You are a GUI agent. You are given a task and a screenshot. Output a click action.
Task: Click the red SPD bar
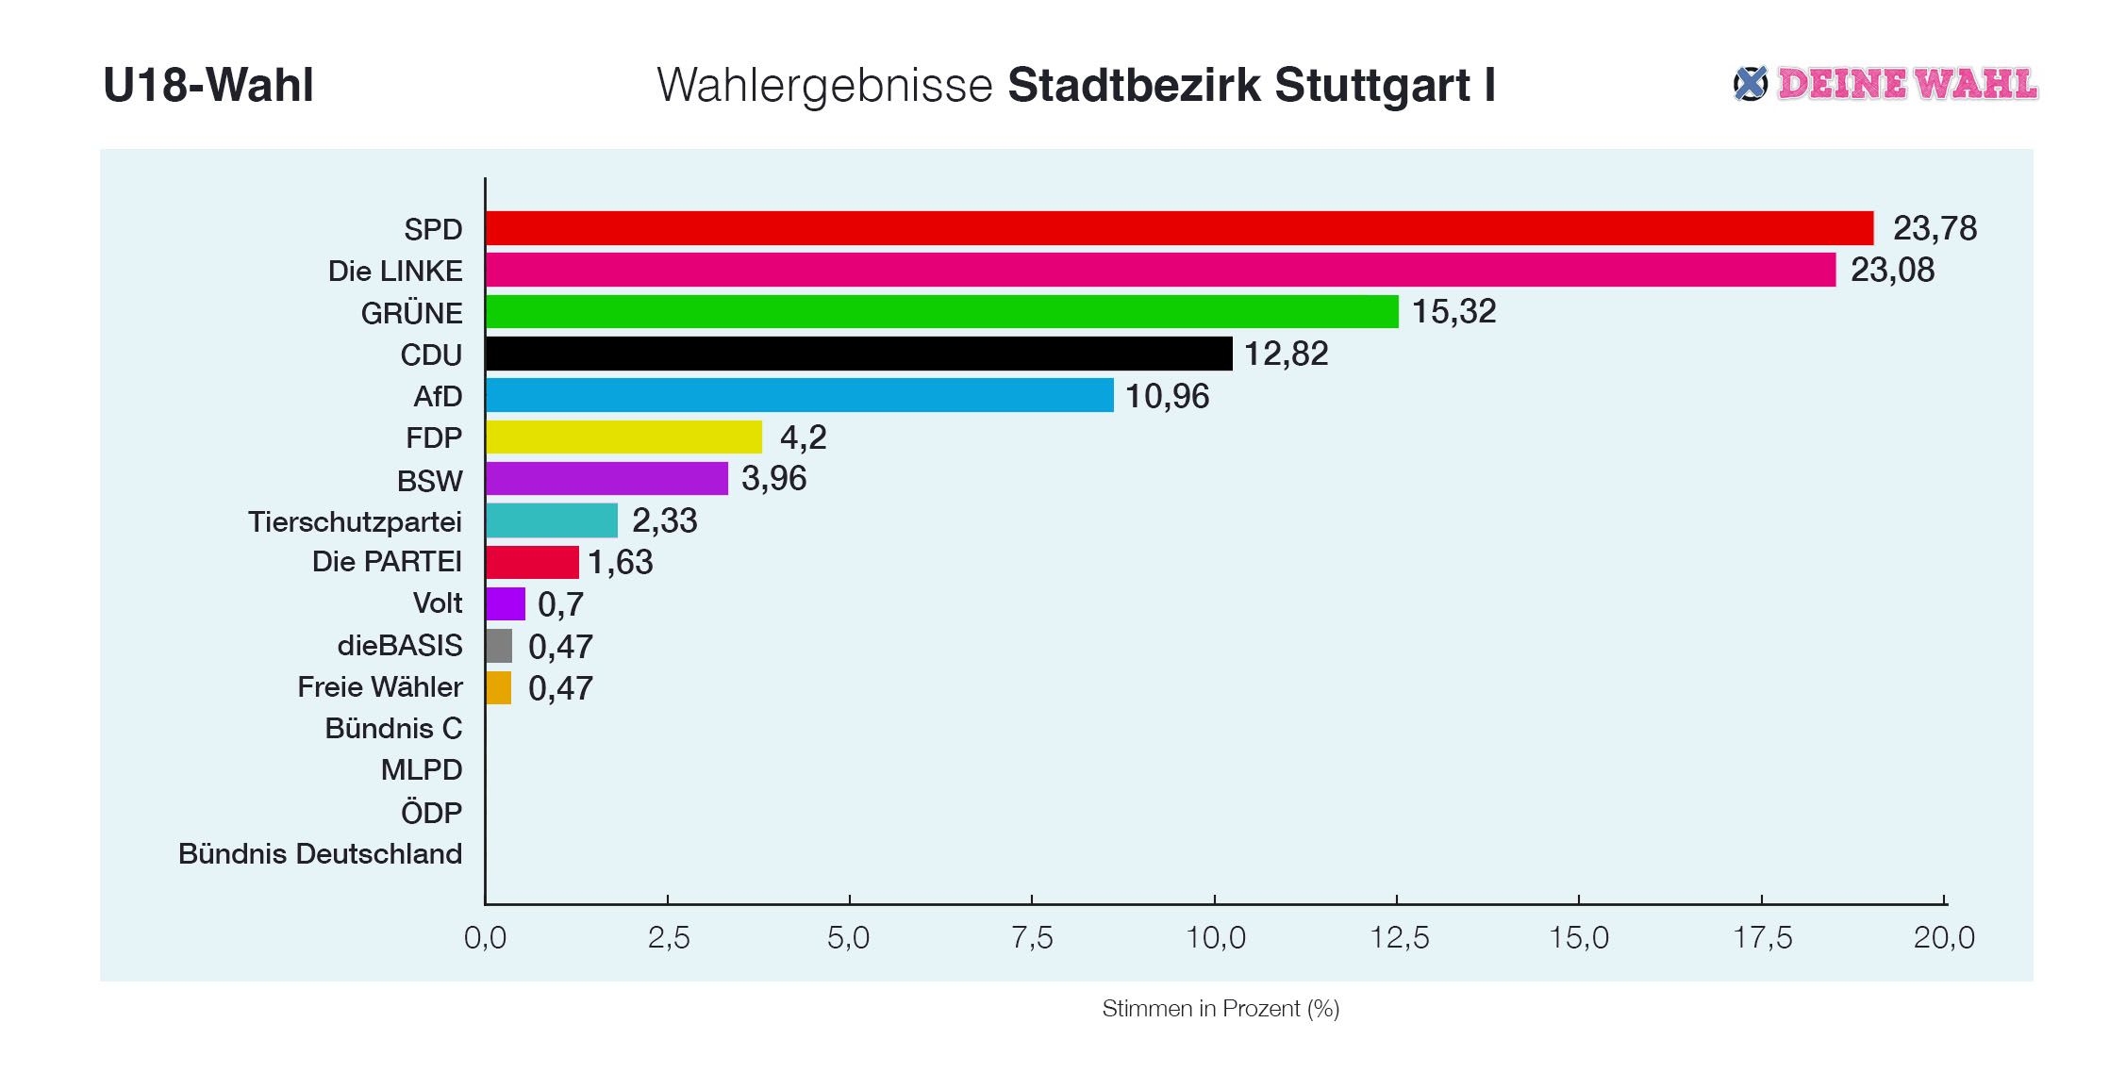pyautogui.click(x=1179, y=228)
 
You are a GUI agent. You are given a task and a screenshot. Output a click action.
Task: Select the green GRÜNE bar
pyautogui.click(x=941, y=312)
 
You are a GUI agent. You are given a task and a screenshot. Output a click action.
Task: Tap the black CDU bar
pyautogui.click(x=858, y=354)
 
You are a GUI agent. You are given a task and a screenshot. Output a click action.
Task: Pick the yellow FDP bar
pyautogui.click(x=623, y=437)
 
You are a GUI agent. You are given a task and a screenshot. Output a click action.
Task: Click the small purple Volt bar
pyautogui.click(x=506, y=603)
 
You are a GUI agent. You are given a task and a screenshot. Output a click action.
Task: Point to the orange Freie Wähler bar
pyautogui.click(x=499, y=687)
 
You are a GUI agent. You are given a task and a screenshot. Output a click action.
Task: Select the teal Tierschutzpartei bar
pyautogui.click(x=552, y=520)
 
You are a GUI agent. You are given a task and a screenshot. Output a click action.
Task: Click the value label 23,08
pyautogui.click(x=1892, y=271)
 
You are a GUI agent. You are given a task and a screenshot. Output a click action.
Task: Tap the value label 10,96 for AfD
pyautogui.click(x=1167, y=396)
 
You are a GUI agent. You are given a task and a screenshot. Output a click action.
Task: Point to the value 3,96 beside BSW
pyautogui.click(x=773, y=479)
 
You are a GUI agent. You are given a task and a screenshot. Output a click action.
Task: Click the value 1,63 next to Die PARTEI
pyautogui.click(x=620, y=563)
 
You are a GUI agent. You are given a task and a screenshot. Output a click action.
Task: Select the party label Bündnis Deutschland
pyautogui.click(x=321, y=854)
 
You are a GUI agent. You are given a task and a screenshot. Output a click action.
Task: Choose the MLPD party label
pyautogui.click(x=422, y=770)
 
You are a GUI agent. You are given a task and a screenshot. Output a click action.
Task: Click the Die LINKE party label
pyautogui.click(x=395, y=272)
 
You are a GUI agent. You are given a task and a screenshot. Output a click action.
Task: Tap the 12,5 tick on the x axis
pyautogui.click(x=1399, y=937)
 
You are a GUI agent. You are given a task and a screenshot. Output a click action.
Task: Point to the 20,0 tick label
pyautogui.click(x=1944, y=937)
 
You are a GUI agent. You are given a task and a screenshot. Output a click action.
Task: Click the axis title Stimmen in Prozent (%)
pyautogui.click(x=1221, y=1009)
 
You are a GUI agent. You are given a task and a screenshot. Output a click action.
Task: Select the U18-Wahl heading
pyautogui.click(x=208, y=85)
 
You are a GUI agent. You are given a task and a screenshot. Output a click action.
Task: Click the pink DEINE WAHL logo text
pyautogui.click(x=1906, y=85)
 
